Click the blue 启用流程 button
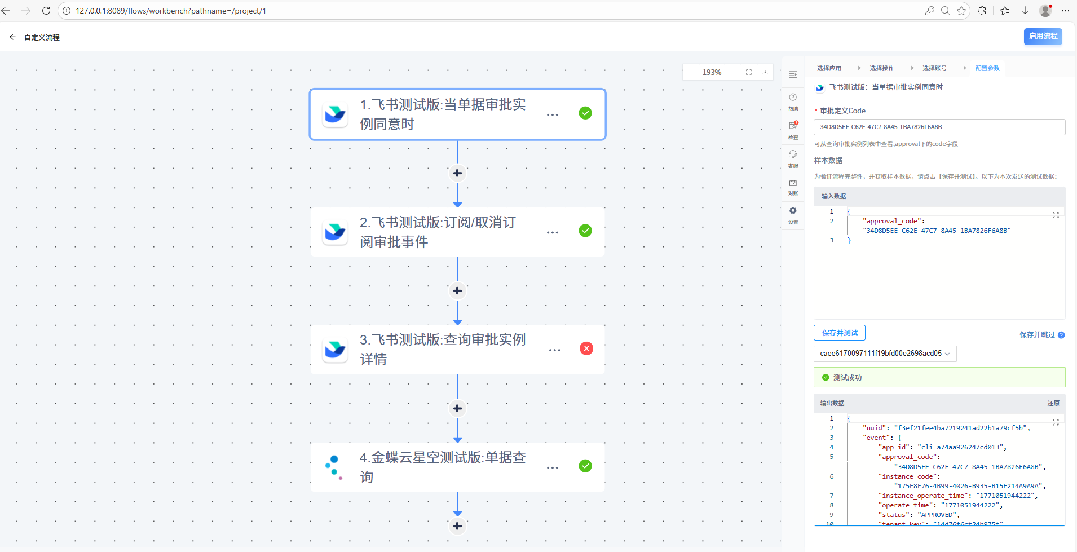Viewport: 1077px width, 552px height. [1043, 36]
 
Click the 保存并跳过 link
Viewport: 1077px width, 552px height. [1036, 335]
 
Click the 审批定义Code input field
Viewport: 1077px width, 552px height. [939, 127]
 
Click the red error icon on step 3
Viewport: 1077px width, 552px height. [586, 348]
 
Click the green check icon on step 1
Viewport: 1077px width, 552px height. [585, 113]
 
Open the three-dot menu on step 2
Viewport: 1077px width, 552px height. [553, 232]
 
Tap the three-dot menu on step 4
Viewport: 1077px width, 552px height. [553, 467]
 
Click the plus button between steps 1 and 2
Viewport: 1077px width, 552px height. [457, 173]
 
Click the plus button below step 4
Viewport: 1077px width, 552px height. [457, 526]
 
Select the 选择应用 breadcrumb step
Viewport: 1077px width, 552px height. [829, 68]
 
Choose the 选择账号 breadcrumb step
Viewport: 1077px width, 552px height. [934, 68]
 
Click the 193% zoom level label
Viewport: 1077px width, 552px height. [712, 72]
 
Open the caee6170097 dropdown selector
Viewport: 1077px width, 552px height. [885, 354]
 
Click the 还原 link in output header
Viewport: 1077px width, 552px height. [1053, 403]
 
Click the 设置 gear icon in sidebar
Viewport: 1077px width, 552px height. [793, 211]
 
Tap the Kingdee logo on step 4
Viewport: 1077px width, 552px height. [334, 467]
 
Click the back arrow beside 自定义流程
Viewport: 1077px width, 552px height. [12, 37]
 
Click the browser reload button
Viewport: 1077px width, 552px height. [46, 11]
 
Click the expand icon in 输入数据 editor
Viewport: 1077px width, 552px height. [1056, 215]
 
